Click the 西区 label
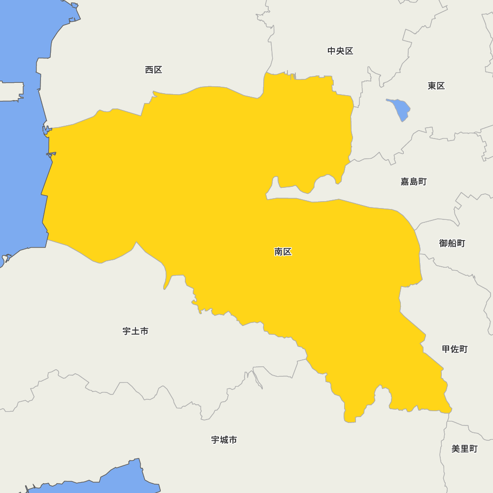coord(153,70)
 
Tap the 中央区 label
coord(340,51)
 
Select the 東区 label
coord(436,86)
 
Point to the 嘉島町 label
coord(413,181)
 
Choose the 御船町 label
coord(452,243)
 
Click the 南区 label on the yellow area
coord(283,252)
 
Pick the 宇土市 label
coord(135,331)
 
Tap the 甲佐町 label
coord(454,349)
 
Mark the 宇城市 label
coord(224,440)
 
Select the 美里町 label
coord(464,449)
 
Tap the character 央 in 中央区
coord(340,51)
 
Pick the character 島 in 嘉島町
coord(413,181)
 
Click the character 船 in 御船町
coord(452,243)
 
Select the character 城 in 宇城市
coord(224,440)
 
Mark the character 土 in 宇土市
coord(135,331)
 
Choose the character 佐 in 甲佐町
coord(454,349)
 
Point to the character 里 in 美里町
coord(464,449)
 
